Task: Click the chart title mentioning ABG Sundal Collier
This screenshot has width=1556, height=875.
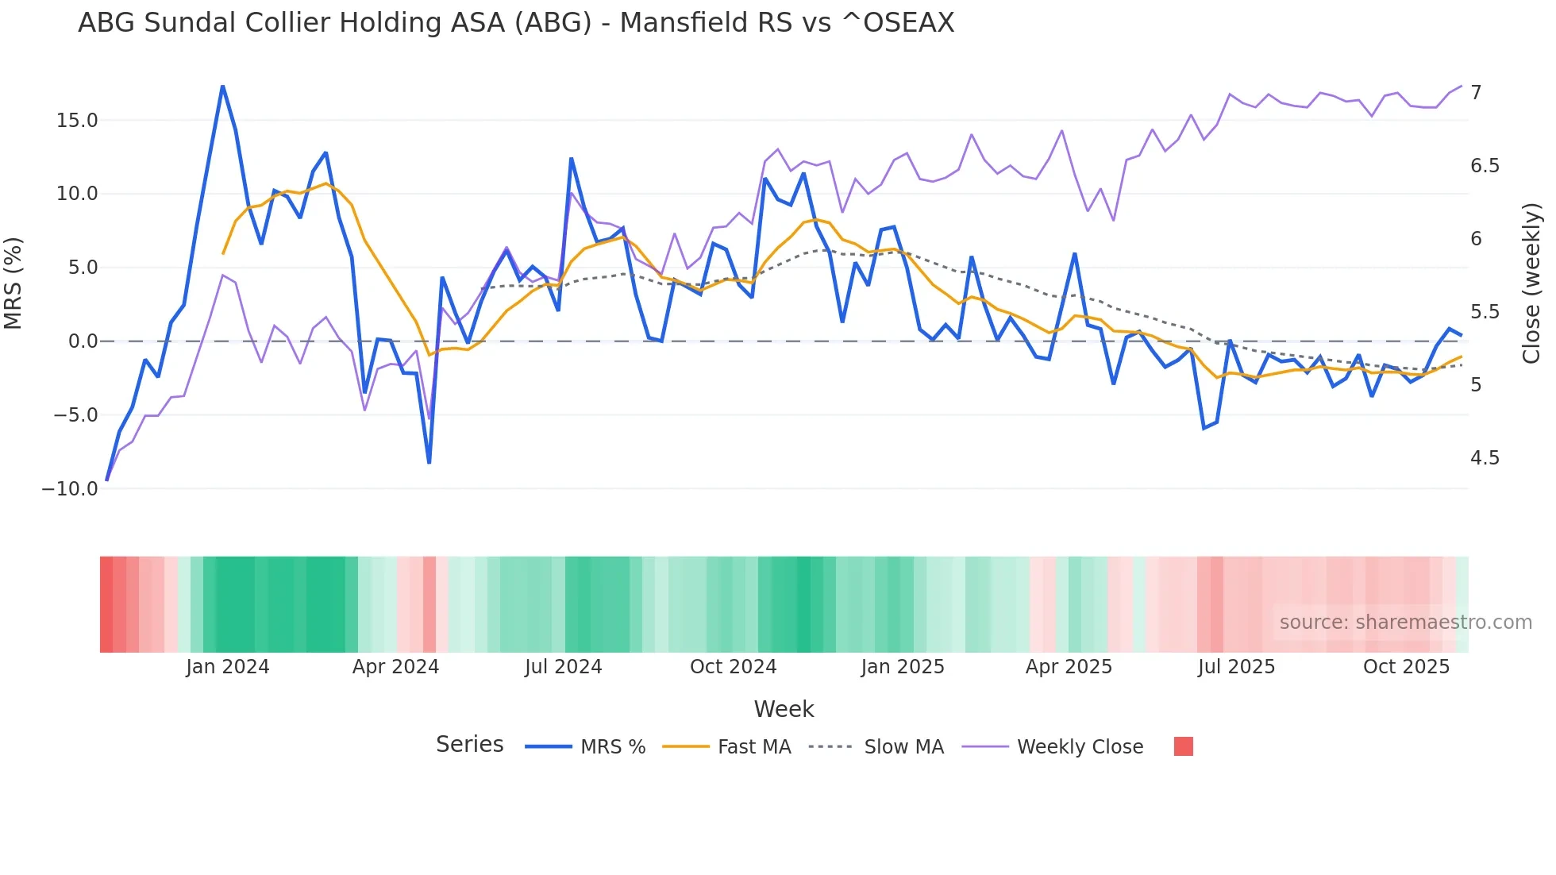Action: pyautogui.click(x=516, y=23)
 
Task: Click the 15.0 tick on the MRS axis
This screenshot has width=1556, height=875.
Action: pyautogui.click(x=77, y=121)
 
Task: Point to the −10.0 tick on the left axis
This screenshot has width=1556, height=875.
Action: pyautogui.click(x=70, y=489)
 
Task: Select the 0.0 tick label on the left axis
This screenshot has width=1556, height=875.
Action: pyautogui.click(x=83, y=341)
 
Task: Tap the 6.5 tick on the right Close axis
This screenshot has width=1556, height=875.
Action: pyautogui.click(x=1485, y=166)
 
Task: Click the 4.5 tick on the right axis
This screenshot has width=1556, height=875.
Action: pyautogui.click(x=1485, y=458)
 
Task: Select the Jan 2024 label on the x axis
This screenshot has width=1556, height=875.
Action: pyautogui.click(x=228, y=667)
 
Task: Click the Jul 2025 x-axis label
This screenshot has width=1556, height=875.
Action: pyautogui.click(x=1236, y=667)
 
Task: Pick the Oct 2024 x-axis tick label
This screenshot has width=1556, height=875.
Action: pyautogui.click(x=733, y=667)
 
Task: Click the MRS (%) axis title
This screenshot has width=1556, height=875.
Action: pyautogui.click(x=13, y=283)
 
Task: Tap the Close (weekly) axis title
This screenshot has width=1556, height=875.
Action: pyautogui.click(x=1531, y=283)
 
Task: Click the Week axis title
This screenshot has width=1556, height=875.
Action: pyautogui.click(x=784, y=709)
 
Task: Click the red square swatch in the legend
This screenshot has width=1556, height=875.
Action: pyautogui.click(x=1183, y=746)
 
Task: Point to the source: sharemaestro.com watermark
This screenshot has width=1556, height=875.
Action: pyautogui.click(x=1405, y=623)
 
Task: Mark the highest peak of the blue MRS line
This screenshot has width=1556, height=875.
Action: pyautogui.click(x=222, y=86)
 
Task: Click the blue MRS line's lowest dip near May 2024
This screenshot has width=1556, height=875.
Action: pyautogui.click(x=429, y=462)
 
